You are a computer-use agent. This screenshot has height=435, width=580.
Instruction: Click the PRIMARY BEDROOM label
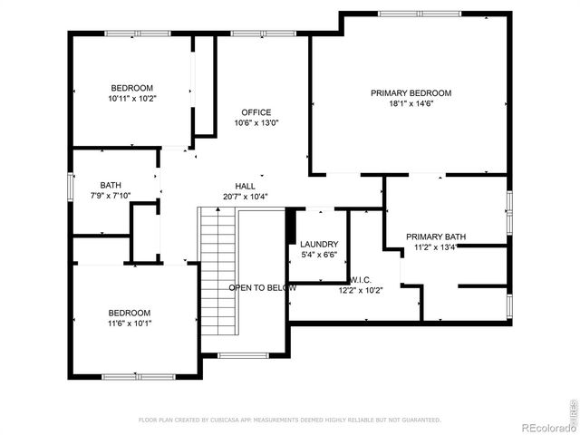point(411,93)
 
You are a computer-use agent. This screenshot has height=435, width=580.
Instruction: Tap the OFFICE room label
point(256,112)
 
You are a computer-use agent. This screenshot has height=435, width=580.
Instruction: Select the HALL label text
point(245,186)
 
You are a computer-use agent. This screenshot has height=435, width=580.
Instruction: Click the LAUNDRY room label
point(319,245)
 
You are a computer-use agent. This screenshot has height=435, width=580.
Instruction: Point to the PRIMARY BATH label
point(435,237)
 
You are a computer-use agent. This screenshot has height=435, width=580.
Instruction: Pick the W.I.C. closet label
point(361,280)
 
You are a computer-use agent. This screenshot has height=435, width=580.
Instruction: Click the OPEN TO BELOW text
point(263,287)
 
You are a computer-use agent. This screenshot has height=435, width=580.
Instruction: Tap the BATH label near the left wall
point(111,185)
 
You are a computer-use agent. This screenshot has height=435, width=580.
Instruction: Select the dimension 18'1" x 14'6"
point(411,104)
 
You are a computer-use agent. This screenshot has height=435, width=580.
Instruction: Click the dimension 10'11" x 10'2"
point(131,98)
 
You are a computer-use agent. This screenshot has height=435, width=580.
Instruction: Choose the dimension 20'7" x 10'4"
point(245,197)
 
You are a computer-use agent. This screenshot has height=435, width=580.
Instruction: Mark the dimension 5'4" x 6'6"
point(319,256)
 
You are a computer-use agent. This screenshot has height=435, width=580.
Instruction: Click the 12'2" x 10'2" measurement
point(361,291)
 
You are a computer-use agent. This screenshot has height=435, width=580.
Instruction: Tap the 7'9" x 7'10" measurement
point(111,196)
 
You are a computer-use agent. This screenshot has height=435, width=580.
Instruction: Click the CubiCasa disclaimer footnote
point(289,420)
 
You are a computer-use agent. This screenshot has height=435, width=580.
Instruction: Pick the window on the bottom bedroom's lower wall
point(131,376)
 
